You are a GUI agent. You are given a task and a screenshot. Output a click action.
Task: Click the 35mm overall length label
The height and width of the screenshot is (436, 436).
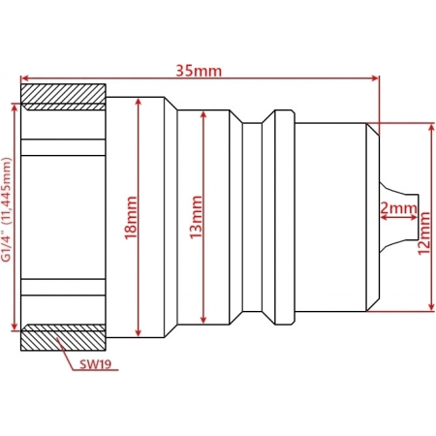click(199, 71)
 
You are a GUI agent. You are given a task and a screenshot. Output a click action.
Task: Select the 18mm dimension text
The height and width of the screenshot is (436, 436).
click(131, 217)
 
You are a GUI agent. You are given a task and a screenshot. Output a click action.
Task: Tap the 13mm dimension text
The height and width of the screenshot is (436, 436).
click(196, 217)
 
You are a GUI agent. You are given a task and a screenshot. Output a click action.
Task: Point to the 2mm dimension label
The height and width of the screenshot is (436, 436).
click(398, 208)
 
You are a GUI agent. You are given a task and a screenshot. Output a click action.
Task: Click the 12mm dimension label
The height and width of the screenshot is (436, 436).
click(424, 234)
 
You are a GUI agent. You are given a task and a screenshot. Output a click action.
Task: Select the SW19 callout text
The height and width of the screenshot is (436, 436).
click(96, 364)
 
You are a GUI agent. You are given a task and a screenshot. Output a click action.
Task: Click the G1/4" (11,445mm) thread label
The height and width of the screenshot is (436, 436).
click(7, 209)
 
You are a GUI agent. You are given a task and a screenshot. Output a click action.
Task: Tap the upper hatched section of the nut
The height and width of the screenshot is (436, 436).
click(63, 97)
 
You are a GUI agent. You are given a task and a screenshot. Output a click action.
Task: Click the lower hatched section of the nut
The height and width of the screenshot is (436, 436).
click(63, 337)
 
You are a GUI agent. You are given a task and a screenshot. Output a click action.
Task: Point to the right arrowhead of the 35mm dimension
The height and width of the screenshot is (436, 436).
click(375, 78)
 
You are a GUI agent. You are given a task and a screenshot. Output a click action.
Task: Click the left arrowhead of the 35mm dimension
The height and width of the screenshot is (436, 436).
click(24, 78)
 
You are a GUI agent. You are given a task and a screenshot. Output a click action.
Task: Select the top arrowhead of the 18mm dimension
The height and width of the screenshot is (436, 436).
click(139, 102)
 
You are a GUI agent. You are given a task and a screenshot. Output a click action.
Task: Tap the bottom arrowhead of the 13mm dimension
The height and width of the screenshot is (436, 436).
click(203, 320)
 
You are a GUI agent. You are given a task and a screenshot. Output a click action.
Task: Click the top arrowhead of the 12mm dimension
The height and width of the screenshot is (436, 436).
click(431, 127)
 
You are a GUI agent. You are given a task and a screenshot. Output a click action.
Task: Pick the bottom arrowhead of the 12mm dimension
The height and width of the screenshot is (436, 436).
click(431, 307)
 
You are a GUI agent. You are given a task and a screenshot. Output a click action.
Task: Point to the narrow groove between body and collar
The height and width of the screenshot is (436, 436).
click(252, 217)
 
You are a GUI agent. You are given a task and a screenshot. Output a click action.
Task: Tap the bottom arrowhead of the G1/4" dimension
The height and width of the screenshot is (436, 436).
click(15, 327)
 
